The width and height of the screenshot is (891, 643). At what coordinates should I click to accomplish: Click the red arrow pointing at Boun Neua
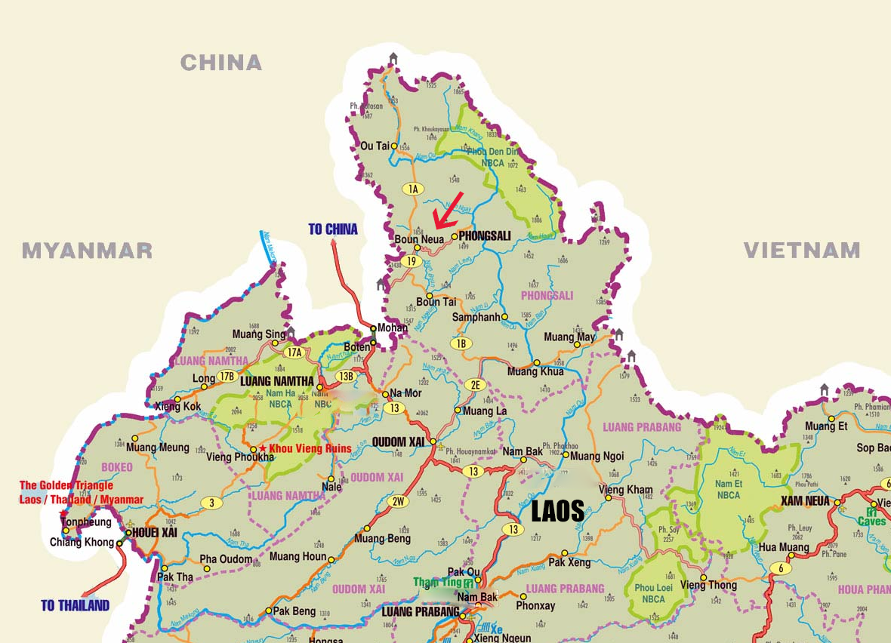coord(449,209)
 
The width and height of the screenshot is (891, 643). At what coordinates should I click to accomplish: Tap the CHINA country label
coord(220,63)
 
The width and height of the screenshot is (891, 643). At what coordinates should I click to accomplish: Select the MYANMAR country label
coord(87,251)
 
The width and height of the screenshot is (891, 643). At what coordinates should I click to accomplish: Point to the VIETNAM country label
coord(801,251)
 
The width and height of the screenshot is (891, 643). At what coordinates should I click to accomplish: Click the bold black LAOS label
coord(558,512)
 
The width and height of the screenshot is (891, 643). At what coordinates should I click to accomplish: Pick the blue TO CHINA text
coord(333,229)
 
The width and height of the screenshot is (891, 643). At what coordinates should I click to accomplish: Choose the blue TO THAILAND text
coord(75,605)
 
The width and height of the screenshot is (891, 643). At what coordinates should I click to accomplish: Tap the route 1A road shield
coord(412,189)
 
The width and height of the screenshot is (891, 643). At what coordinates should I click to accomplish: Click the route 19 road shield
coord(412,261)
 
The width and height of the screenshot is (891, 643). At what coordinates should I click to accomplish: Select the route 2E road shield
coord(475,384)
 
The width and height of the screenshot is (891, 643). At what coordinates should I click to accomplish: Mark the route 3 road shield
coord(212,503)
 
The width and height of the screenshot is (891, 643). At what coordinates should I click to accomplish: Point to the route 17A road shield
coord(293,352)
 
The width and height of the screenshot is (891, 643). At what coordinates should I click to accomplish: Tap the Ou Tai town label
coord(375,146)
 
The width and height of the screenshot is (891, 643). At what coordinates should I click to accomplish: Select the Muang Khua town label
coord(535,372)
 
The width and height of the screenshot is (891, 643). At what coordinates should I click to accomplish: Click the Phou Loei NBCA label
coord(649,594)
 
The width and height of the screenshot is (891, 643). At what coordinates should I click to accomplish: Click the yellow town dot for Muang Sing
coord(275,343)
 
